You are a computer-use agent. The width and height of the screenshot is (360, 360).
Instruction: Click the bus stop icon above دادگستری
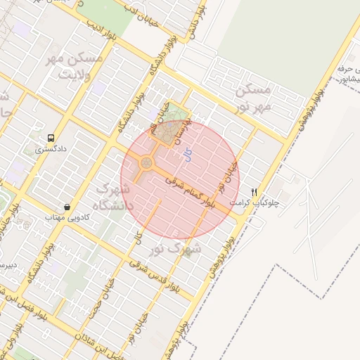click(51, 138)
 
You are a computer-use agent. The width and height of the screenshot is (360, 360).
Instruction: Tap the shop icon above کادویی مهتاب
click(67, 207)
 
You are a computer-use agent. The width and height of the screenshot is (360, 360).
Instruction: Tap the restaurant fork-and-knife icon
click(255, 191)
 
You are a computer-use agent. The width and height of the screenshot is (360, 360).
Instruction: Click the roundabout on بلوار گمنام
click(146, 164)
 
